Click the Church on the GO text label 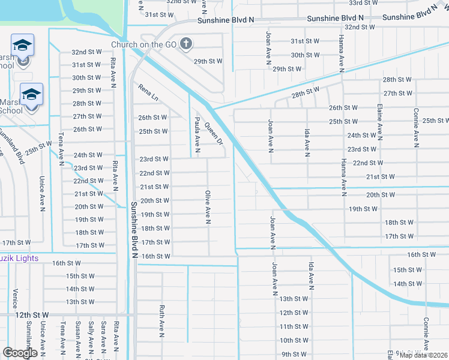coord(143,44)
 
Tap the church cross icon coord(186,44)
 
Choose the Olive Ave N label coord(208,208)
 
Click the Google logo coord(20,353)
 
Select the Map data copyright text coord(424,355)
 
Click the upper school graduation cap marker coord(22,45)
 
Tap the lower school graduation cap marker coord(31,94)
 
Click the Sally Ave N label coord(91,336)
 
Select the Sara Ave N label coord(103,336)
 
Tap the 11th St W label coord(294,326)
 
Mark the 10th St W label coord(294,340)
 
